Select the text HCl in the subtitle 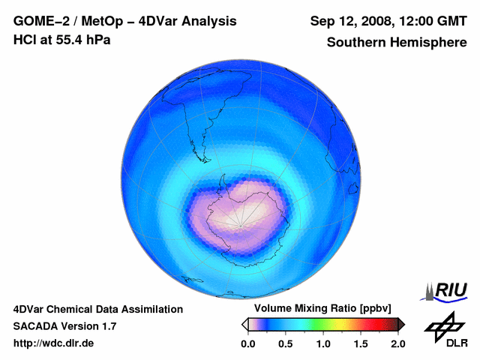pyautogui.click(x=24, y=40)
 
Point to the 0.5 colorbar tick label pyautogui.click(x=285, y=343)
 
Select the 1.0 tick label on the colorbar pyautogui.click(x=323, y=343)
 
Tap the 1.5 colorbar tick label pyautogui.click(x=361, y=343)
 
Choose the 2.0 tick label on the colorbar pyautogui.click(x=398, y=343)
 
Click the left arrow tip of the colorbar pyautogui.click(x=244, y=324)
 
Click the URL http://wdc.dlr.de pyautogui.click(x=54, y=343)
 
